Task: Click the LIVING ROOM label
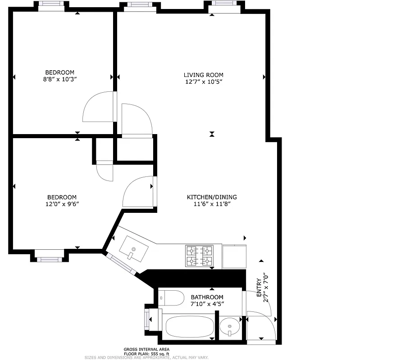203,75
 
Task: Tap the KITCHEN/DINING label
212,197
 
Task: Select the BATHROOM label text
207,297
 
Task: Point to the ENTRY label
259,288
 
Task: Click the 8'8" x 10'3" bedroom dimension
59,79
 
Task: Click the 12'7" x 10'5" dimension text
203,82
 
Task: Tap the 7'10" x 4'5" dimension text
207,304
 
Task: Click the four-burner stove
199,256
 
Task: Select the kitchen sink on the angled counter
133,249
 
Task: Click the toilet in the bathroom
172,297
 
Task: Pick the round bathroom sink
231,327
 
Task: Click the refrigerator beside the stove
234,256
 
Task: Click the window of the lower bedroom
50,259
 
